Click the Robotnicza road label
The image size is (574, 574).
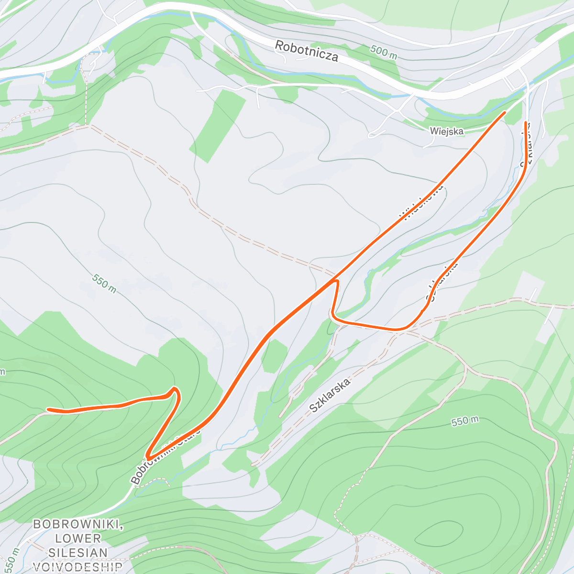(x=307, y=51)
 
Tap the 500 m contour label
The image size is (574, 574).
(x=384, y=52)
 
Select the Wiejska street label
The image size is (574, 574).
(x=446, y=131)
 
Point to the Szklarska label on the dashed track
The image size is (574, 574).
(x=330, y=395)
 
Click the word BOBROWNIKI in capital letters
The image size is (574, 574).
(x=78, y=525)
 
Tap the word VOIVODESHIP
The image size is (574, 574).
(x=78, y=567)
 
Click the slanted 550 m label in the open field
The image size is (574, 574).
(x=104, y=284)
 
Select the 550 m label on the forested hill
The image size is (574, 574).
(x=464, y=421)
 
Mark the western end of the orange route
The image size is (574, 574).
(x=48, y=409)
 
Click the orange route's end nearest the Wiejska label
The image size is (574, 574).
(x=504, y=113)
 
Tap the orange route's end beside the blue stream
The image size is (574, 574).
(x=526, y=123)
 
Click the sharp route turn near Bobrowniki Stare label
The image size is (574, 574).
(x=149, y=458)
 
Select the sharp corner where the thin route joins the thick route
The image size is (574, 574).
(x=336, y=281)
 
